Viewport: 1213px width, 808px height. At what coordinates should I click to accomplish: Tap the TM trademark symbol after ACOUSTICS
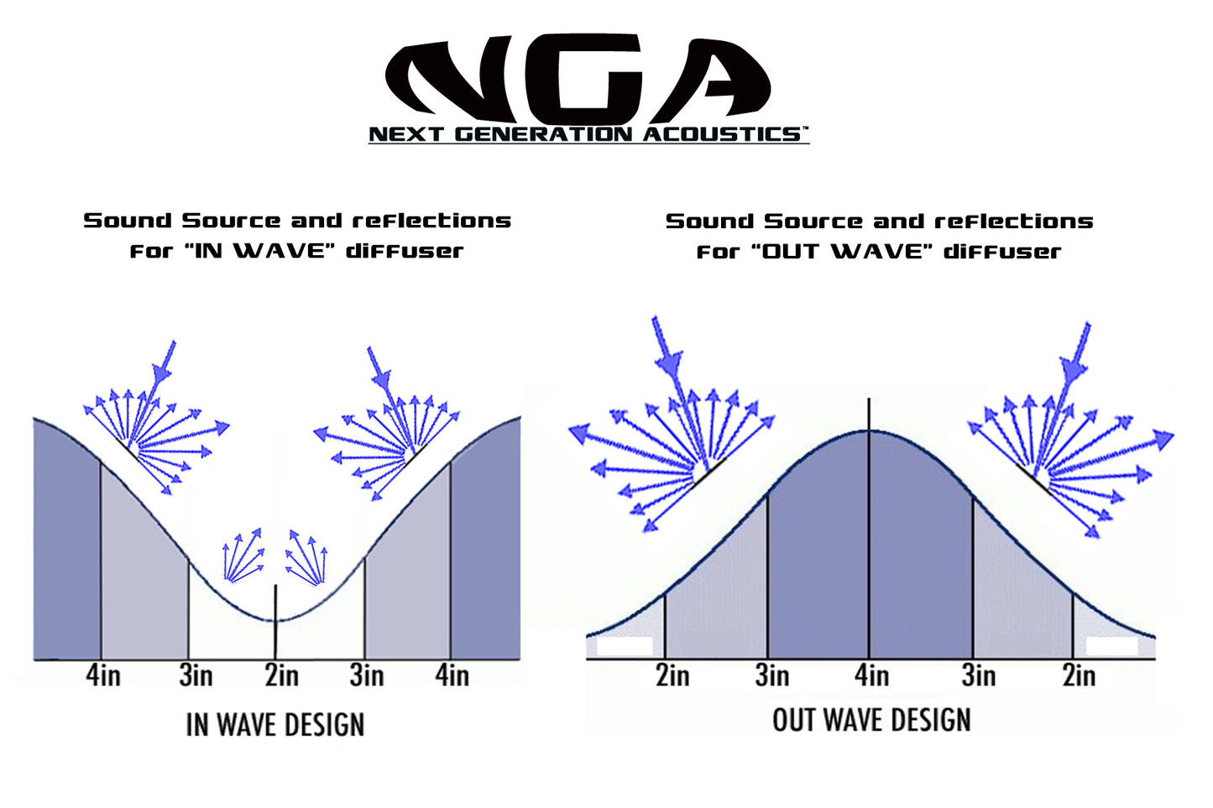803,129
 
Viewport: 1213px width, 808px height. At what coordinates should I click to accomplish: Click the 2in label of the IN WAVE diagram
281,675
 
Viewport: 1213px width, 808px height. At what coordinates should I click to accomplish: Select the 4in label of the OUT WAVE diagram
871,675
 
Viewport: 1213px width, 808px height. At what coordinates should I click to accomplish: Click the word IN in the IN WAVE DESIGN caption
197,725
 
